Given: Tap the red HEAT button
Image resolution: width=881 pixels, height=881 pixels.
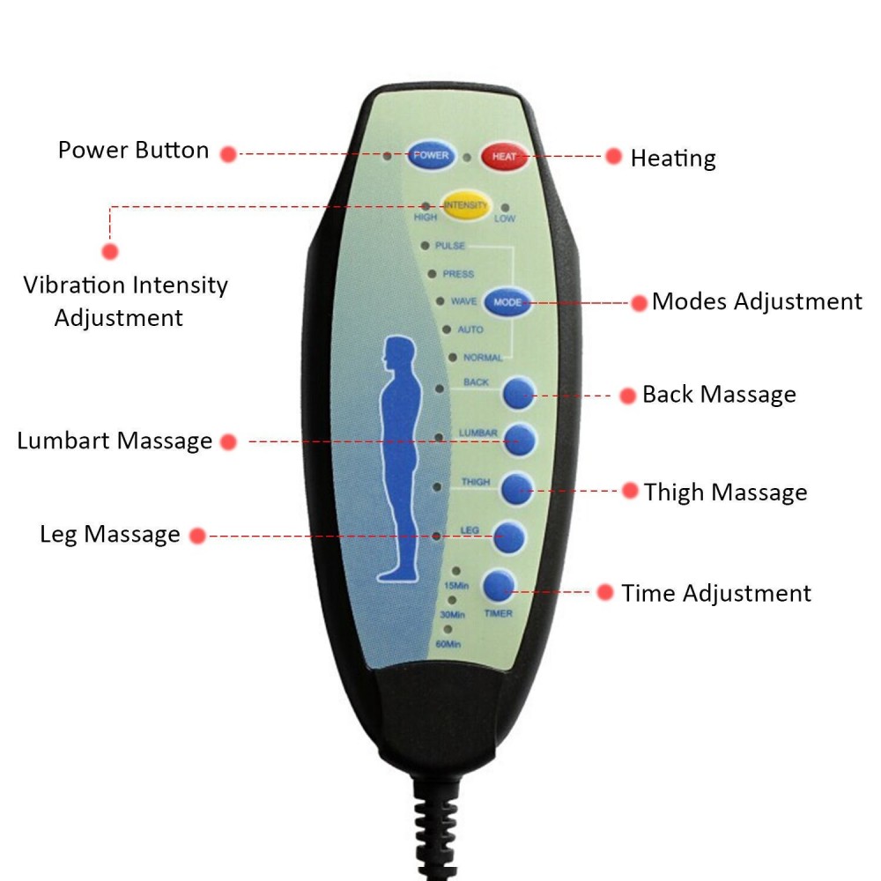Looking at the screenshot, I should tap(504, 157).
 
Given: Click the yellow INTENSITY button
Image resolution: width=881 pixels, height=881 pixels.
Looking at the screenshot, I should tap(466, 205).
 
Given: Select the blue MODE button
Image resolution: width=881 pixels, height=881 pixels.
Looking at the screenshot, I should tap(507, 302).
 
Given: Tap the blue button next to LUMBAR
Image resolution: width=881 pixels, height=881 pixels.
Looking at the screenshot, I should tap(520, 440).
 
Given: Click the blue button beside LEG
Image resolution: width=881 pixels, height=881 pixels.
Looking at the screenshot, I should tap(510, 535).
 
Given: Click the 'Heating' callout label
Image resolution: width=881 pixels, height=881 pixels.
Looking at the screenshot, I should tap(673, 159).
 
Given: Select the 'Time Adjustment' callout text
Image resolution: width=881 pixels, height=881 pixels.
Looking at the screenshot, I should tap(716, 593).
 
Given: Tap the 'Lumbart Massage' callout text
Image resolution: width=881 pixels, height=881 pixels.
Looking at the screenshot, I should tap(115, 440).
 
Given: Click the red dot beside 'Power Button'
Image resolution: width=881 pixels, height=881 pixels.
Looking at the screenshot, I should tap(228, 153).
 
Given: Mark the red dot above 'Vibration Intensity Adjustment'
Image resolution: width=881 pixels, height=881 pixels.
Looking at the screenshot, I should tap(110, 251).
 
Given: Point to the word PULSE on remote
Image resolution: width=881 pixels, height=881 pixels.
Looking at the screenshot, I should tap(450, 247).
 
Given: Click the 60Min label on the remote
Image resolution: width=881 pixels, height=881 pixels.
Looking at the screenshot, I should tap(448, 645).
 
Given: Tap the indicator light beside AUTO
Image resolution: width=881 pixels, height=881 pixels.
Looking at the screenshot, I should tap(447, 329).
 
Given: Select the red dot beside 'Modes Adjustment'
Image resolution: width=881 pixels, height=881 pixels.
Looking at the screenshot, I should tap(640, 303).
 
